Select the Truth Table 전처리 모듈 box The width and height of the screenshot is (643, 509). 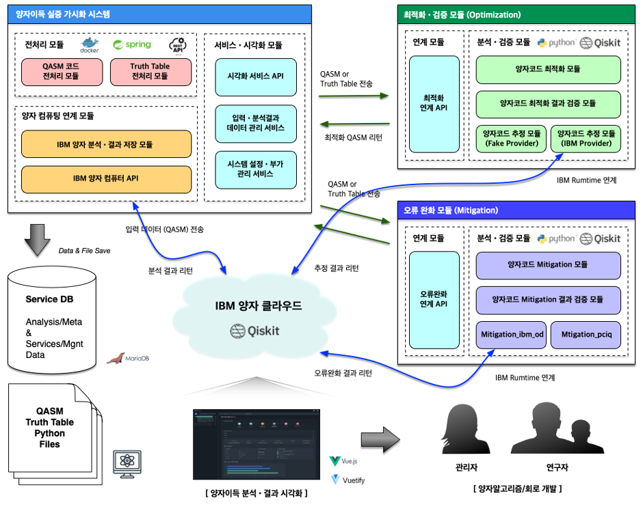pyautogui.click(x=150, y=72)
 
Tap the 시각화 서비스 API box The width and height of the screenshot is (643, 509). pyautogui.click(x=255, y=77)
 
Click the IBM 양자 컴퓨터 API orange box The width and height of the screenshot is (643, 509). pyautogui.click(x=106, y=179)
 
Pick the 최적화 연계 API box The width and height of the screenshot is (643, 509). pyautogui.click(x=434, y=104)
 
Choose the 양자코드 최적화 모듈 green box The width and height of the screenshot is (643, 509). pyautogui.click(x=548, y=70)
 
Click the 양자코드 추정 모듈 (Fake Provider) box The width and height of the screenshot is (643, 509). pyautogui.click(x=511, y=139)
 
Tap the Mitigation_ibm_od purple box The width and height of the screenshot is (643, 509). pyautogui.click(x=511, y=335)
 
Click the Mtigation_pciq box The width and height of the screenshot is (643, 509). pyautogui.click(x=586, y=335)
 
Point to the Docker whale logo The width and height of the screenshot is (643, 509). pyautogui.click(x=90, y=44)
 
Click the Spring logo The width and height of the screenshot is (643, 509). pyautogui.click(x=132, y=44)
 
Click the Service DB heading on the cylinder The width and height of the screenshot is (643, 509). pyautogui.click(x=49, y=299)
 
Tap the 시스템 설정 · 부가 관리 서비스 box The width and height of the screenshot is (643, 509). pyautogui.click(x=255, y=169)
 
